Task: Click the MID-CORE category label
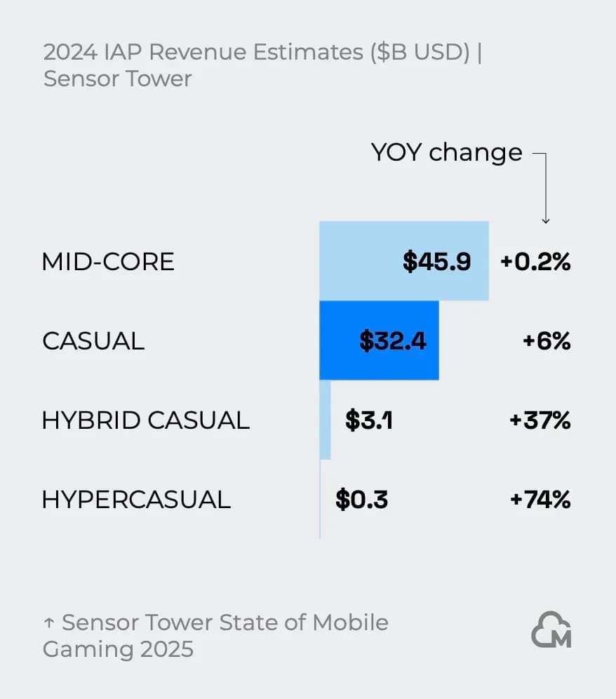(x=108, y=262)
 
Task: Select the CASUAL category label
(x=93, y=341)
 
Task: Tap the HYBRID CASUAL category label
(x=146, y=420)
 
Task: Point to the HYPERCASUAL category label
(x=136, y=500)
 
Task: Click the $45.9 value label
(x=436, y=262)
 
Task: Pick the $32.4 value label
(x=393, y=341)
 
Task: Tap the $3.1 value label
(x=369, y=420)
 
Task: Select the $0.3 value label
(x=361, y=500)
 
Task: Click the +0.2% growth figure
(x=535, y=262)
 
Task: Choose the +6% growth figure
(x=547, y=341)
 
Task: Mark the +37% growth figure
(x=540, y=420)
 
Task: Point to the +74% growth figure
(x=540, y=500)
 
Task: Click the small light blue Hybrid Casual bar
(x=325, y=420)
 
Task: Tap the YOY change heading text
(x=447, y=152)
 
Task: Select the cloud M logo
(x=551, y=630)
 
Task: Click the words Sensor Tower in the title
(x=117, y=78)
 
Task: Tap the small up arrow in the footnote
(x=49, y=623)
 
